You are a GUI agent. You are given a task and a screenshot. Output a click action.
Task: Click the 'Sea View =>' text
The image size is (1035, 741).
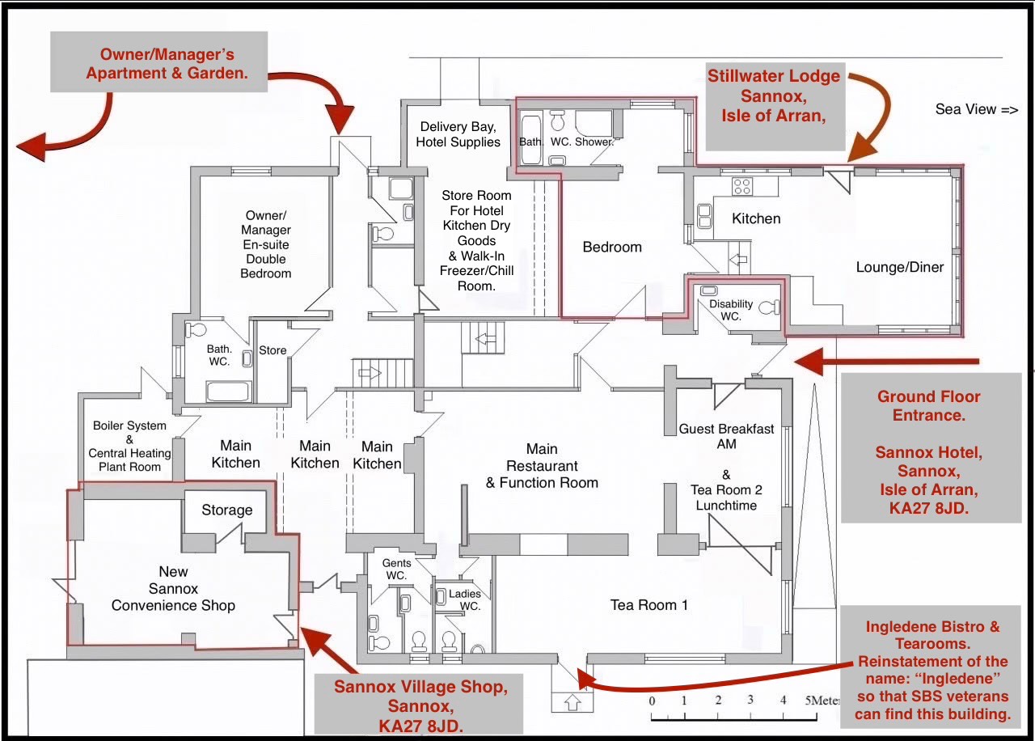click(976, 109)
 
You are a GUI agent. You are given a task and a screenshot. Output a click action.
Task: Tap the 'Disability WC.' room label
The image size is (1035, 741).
click(731, 310)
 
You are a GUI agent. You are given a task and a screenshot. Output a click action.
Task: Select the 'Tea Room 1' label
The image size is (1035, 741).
click(648, 604)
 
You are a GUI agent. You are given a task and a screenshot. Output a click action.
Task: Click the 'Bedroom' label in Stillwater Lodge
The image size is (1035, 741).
click(612, 247)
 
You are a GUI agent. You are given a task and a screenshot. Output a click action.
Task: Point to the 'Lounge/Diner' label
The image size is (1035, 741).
click(900, 267)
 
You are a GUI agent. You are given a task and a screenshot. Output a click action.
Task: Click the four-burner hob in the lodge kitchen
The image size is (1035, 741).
click(742, 186)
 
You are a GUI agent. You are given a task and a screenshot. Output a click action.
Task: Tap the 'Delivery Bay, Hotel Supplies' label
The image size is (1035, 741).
click(458, 134)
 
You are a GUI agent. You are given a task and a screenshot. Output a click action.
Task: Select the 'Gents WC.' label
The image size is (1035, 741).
click(396, 569)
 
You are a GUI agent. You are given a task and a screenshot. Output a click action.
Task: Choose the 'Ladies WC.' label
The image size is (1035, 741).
click(465, 599)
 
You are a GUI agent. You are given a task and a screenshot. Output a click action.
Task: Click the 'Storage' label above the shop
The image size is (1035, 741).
click(227, 510)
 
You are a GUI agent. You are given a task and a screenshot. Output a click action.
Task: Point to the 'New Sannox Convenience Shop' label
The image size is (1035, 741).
click(173, 588)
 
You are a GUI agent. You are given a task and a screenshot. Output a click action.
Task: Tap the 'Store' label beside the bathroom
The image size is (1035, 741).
click(272, 350)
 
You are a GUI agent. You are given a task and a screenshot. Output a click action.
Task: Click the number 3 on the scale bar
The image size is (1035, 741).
click(750, 700)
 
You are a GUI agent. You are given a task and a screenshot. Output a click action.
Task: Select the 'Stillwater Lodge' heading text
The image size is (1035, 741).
click(774, 76)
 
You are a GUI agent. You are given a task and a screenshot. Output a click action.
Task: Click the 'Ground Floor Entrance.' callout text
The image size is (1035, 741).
click(929, 406)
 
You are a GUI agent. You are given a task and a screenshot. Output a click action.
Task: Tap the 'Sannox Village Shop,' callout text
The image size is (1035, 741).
click(421, 687)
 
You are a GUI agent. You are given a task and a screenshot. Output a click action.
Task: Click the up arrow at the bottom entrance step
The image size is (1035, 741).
click(572, 701)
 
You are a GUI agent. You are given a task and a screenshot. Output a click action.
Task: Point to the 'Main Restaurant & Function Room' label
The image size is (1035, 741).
click(542, 465)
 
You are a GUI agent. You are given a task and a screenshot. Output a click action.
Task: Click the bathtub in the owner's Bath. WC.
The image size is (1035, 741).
click(229, 391)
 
